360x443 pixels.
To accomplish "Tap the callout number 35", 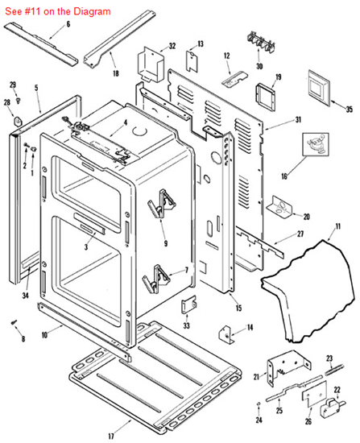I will pyautogui.click(x=350, y=108).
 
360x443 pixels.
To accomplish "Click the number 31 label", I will pyautogui.click(x=298, y=120).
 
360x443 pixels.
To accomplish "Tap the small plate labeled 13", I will pyautogui.click(x=192, y=60).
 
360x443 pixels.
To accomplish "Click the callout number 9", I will pyautogui.click(x=164, y=243).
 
